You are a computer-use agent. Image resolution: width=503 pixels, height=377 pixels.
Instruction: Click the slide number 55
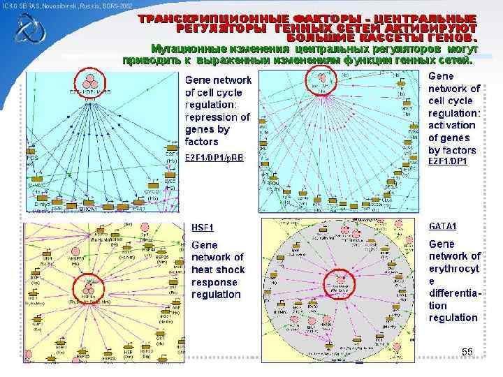pyautogui.click(x=468, y=350)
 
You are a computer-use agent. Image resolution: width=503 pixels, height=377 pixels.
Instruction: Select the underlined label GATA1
pyautogui.click(x=443, y=226)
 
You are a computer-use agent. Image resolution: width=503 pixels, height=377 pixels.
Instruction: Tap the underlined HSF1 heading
pyautogui.click(x=203, y=227)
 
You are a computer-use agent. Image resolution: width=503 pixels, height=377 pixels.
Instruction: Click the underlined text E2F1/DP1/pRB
pyautogui.click(x=214, y=157)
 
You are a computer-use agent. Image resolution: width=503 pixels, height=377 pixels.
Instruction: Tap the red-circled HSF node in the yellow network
pyautogui.click(x=89, y=287)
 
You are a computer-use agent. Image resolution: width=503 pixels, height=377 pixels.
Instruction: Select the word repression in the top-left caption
pyautogui.click(x=210, y=117)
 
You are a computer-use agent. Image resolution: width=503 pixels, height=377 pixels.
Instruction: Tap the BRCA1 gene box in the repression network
pyautogui.click(x=87, y=207)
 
